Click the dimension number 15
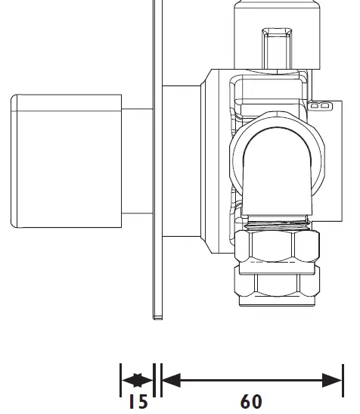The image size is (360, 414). click(138, 400)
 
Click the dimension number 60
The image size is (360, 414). click(251, 401)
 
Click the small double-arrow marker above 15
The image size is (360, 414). click(138, 380)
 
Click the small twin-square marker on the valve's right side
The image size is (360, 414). click(321, 106)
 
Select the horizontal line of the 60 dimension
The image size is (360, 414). click(251, 380)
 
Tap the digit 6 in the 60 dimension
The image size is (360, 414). click(245, 401)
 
